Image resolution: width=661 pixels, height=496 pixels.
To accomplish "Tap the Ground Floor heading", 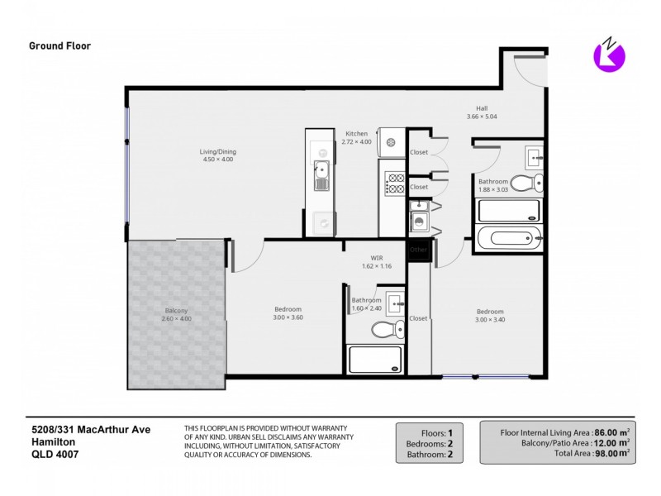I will tap(60, 46).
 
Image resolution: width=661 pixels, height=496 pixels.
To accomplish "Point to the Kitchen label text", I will tap(356, 133).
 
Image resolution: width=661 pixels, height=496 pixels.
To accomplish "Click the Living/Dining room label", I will tap(217, 151).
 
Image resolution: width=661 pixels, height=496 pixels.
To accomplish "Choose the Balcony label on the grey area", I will tap(175, 311).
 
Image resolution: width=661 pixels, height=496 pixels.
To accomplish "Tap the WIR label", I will tap(376, 258).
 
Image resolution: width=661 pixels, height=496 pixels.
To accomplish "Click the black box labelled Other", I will tap(419, 250).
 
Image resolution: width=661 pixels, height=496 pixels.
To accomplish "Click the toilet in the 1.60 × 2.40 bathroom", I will tap(384, 330).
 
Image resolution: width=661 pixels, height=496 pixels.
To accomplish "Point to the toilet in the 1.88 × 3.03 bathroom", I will tap(525, 183).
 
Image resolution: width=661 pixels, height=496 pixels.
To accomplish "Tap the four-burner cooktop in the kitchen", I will tap(395, 184).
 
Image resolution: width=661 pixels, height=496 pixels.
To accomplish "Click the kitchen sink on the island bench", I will tap(320, 174).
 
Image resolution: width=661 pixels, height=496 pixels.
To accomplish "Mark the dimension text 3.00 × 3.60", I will tap(288, 317).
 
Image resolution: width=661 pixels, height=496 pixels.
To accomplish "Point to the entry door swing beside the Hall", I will tap(529, 69).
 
